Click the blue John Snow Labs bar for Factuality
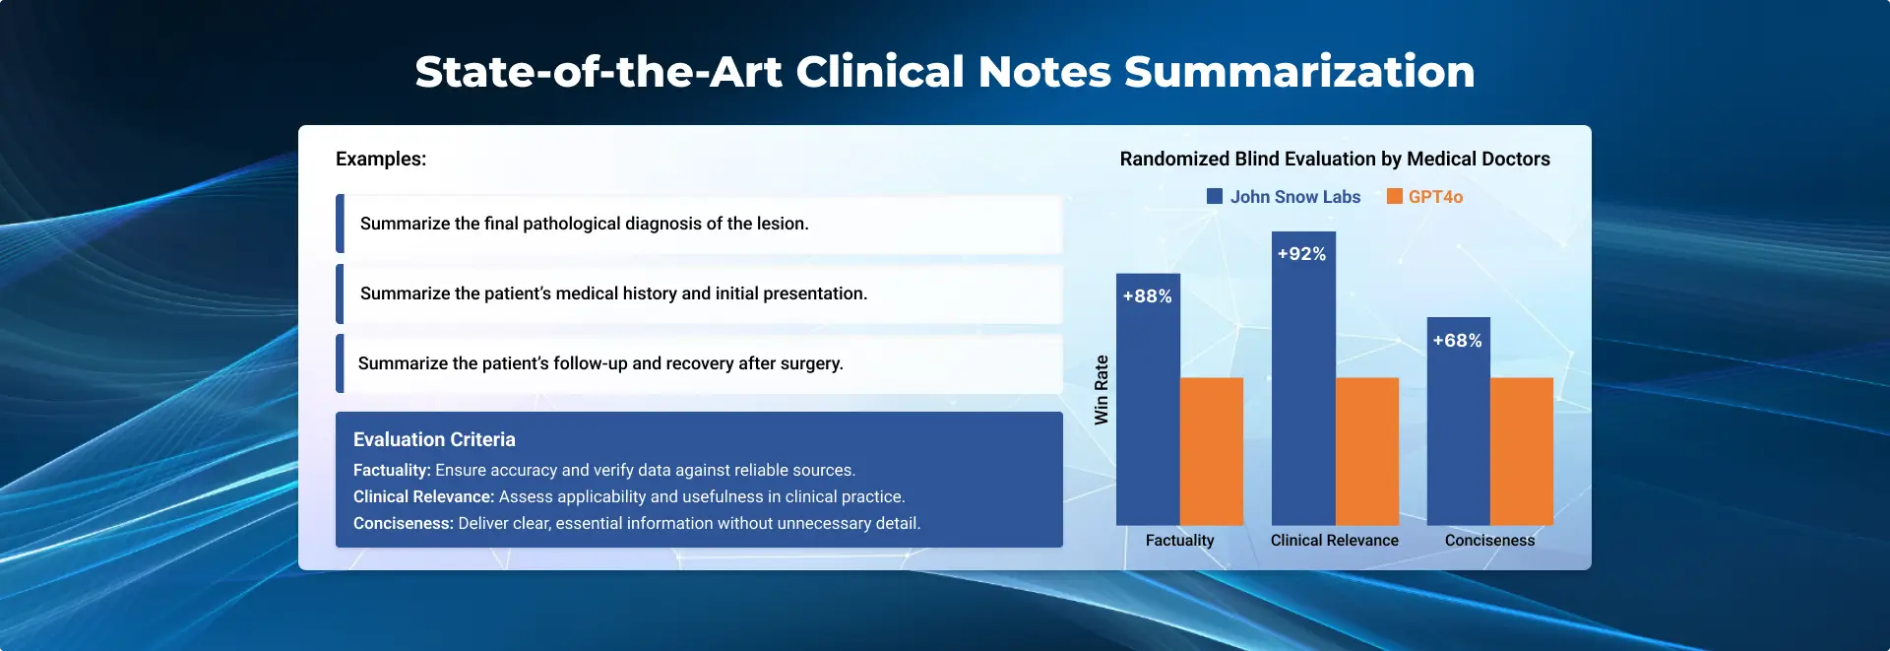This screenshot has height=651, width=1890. pos(1148,399)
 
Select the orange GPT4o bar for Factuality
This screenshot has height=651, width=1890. pos(1212,451)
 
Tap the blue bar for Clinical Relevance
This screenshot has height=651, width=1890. pos(1303,378)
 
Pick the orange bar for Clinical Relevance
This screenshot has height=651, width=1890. pos(1367,451)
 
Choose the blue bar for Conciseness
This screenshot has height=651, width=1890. pos(1459,421)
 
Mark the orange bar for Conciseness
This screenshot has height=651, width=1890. pos(1522,451)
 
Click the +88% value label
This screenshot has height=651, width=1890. pos(1148,296)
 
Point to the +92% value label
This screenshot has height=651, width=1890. pos(1302,254)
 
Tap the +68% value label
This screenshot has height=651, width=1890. pos(1458,341)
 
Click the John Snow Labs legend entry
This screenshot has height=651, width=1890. pos(1284,197)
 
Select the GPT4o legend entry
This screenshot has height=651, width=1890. pos(1424,197)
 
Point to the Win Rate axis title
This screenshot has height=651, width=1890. pos(1102,390)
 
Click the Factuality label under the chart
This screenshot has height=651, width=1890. pos(1180,541)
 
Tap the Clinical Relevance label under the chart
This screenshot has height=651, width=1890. pos(1335,541)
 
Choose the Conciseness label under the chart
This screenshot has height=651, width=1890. pos(1490,541)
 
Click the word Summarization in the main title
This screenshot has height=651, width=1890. pos(1299,72)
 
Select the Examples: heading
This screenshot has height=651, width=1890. pos(381,160)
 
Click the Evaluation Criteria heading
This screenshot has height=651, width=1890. pos(434,439)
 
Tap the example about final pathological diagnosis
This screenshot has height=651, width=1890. pos(585,224)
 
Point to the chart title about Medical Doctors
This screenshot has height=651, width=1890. pos(1335,160)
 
